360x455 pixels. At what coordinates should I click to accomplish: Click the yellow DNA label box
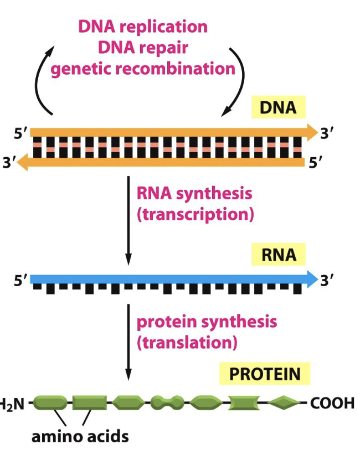coord(277,107)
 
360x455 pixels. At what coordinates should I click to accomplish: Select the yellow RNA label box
coord(277,255)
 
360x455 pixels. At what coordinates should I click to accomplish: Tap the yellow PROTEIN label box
coord(265,374)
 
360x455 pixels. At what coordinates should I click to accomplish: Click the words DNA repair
coord(143,48)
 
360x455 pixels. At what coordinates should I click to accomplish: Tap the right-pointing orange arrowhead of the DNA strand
coord(311,132)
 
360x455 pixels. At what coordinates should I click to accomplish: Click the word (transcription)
coord(195,214)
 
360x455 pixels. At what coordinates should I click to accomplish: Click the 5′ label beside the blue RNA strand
coord(21,281)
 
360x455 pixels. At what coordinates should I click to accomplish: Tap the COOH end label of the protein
coord(332,403)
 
